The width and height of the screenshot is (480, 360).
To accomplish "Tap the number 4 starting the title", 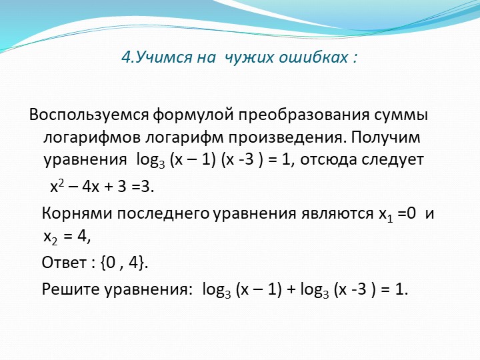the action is (x=126, y=57).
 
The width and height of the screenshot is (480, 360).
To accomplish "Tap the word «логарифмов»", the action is (x=92, y=138).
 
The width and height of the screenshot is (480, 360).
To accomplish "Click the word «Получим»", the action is (x=385, y=138).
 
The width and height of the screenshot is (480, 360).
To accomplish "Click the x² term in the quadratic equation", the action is (x=57, y=185).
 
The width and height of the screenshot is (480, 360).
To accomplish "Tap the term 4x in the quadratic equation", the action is (x=91, y=186).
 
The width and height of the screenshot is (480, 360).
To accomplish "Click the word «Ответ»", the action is (x=64, y=263).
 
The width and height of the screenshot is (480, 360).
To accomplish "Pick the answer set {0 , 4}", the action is (x=124, y=263).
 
